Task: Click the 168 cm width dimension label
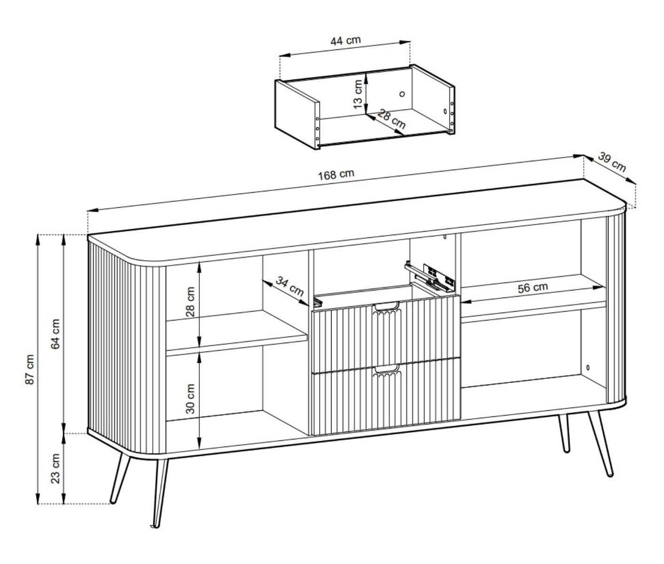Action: point(336,174)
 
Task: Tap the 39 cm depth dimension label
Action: point(612,163)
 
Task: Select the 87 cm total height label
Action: point(30,369)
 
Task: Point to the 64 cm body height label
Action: point(55,334)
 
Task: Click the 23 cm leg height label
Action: point(55,468)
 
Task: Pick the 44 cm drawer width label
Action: point(346,40)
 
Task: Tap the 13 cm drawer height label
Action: point(357,94)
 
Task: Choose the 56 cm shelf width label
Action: point(533,288)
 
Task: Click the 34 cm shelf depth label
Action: point(290,286)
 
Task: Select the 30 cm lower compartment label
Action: point(190,399)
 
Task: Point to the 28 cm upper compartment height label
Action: point(190,302)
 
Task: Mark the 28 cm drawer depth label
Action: point(391,119)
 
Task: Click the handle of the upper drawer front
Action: point(387,307)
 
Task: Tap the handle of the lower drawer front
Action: point(387,370)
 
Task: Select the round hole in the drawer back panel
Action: point(402,94)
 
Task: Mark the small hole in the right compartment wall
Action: point(588,367)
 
